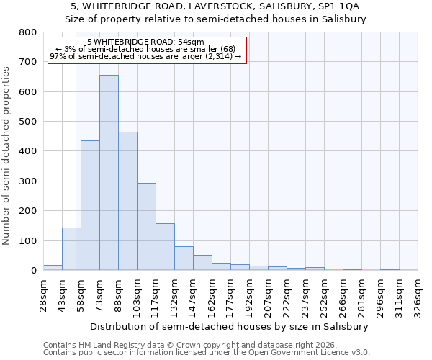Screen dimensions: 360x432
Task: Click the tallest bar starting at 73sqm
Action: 109,173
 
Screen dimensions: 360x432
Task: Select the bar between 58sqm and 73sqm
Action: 90,205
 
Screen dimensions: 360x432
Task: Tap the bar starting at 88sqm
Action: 127,201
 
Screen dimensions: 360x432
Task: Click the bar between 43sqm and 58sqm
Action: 71,249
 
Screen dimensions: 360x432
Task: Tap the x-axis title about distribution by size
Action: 230,326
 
